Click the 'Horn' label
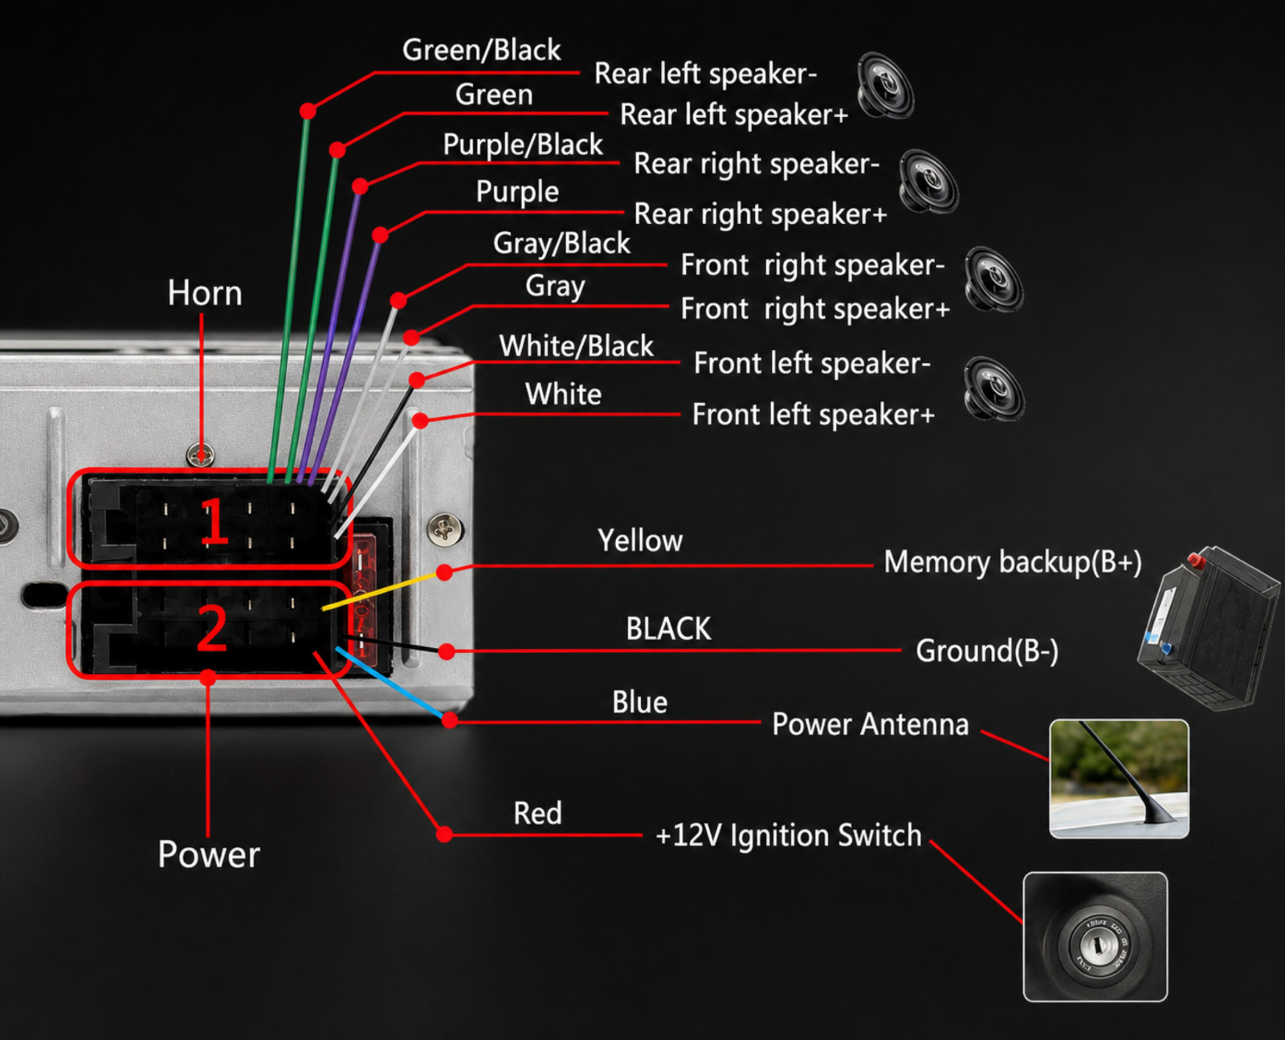[x=205, y=293]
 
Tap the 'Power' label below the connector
[x=209, y=854]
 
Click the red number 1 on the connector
[x=214, y=522]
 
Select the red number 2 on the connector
[x=212, y=628]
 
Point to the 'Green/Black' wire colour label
[x=481, y=50]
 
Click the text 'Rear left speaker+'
[x=734, y=115]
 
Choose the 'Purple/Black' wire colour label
[x=523, y=145]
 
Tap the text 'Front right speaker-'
[x=813, y=266]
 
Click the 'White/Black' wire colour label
[x=576, y=346]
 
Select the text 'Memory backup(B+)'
[x=1013, y=561]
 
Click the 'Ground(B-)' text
[x=987, y=651]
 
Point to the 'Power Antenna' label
[x=870, y=724]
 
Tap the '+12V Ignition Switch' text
[x=789, y=835]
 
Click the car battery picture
[x=1208, y=627]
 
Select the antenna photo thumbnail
[x=1119, y=779]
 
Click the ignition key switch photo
[x=1095, y=937]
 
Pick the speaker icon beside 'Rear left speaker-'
[x=885, y=85]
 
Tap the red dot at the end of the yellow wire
[x=445, y=572]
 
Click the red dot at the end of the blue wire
[x=450, y=720]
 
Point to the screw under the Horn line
[x=201, y=454]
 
